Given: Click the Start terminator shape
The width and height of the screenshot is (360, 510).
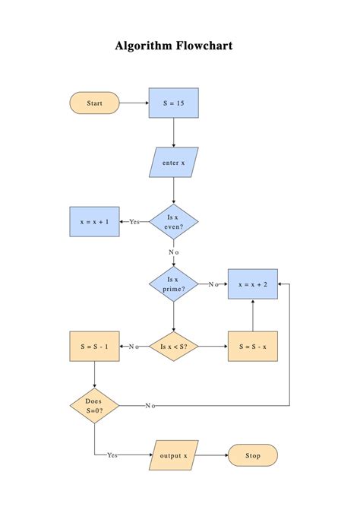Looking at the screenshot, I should pyautogui.click(x=94, y=103).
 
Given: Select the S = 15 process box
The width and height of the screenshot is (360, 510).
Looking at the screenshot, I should pyautogui.click(x=174, y=103).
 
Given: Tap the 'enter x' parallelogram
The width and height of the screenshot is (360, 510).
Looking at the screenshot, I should pyautogui.click(x=174, y=162).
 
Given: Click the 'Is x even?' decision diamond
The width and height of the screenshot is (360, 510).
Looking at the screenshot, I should pyautogui.click(x=174, y=222).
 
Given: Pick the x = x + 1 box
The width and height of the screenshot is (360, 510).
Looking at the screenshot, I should pyautogui.click(x=94, y=222).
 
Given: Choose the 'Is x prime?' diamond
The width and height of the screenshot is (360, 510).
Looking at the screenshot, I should pyautogui.click(x=174, y=284).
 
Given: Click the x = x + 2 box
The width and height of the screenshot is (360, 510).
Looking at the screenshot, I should pyautogui.click(x=253, y=284).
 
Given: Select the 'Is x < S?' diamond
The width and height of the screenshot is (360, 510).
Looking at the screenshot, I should pyautogui.click(x=174, y=347).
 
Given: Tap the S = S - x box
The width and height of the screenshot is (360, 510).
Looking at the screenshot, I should pyautogui.click(x=253, y=347).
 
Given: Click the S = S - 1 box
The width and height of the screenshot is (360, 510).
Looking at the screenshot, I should pyautogui.click(x=94, y=347).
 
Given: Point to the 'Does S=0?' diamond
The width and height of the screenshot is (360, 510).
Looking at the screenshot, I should pyautogui.click(x=94, y=405).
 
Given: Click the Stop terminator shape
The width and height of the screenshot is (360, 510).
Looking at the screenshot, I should pyautogui.click(x=253, y=455).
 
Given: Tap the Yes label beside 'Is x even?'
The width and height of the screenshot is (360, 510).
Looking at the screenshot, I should pyautogui.click(x=134, y=222).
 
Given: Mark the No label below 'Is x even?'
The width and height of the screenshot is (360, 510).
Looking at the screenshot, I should pyautogui.click(x=174, y=252).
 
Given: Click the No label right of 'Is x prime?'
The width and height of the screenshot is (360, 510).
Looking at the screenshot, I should pyautogui.click(x=213, y=284).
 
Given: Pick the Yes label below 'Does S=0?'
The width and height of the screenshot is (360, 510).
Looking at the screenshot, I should pyautogui.click(x=112, y=455).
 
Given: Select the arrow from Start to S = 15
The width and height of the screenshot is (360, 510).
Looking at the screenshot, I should pyautogui.click(x=134, y=103).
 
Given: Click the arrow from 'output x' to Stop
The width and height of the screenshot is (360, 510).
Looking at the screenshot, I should pyautogui.click(x=213, y=455).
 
